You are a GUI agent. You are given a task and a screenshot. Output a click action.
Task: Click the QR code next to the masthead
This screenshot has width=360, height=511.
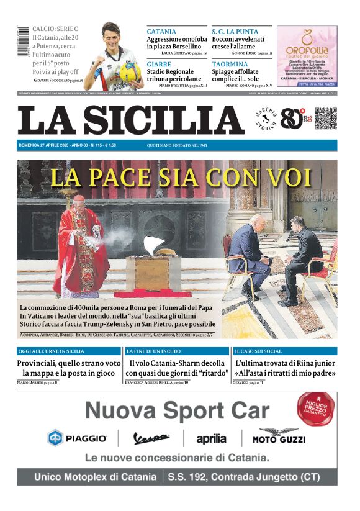tap(325, 119)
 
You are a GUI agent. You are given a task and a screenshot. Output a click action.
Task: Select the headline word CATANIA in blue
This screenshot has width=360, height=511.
tap(161, 32)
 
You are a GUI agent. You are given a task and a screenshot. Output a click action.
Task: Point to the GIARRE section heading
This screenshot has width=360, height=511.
tap(160, 64)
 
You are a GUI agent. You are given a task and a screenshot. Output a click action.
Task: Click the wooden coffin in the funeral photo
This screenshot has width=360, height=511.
tap(153, 271)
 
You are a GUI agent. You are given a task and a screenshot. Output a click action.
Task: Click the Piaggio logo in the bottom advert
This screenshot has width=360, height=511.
tap(78, 438)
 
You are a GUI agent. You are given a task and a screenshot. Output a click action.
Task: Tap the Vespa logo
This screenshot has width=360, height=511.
tap(151, 439)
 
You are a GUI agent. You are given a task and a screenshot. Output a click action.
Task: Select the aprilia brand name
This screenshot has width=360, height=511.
tap(211, 439)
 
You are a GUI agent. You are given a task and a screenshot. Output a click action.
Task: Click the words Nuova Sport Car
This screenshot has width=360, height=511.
tap(177, 410)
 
